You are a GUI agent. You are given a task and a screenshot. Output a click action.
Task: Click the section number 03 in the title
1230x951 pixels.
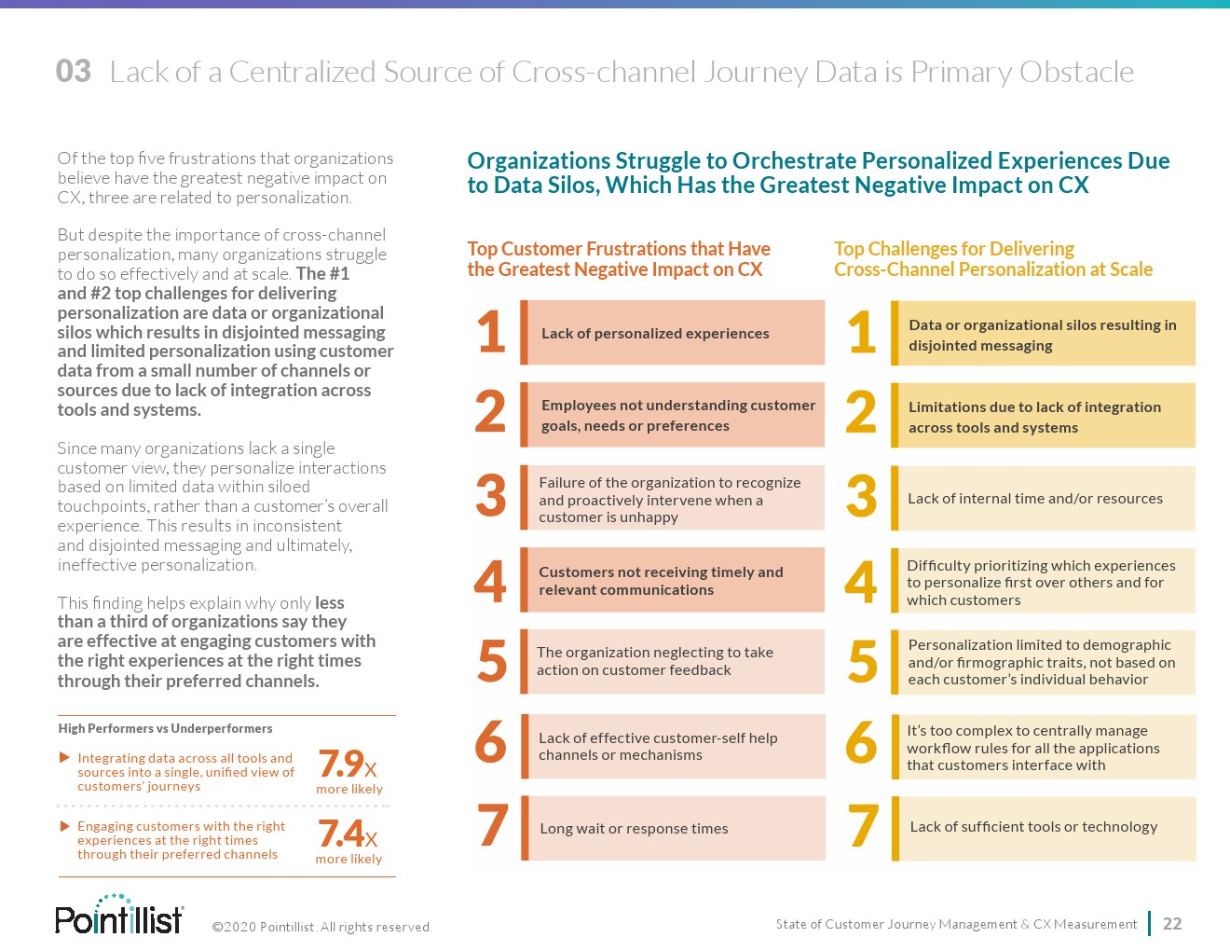(74, 71)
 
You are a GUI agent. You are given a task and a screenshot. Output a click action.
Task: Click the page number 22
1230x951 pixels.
(1172, 924)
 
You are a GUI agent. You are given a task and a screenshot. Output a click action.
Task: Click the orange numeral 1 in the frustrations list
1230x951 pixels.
(491, 332)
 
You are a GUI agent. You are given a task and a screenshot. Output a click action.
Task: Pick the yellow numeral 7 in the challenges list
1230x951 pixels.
(863, 827)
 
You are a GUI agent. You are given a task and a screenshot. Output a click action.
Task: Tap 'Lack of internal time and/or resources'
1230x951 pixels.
(1042, 499)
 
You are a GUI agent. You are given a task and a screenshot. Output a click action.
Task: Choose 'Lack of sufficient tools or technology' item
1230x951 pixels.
(1042, 827)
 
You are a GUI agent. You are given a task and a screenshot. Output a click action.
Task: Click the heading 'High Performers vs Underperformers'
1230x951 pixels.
(166, 728)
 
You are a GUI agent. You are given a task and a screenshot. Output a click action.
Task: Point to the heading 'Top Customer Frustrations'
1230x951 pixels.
(619, 259)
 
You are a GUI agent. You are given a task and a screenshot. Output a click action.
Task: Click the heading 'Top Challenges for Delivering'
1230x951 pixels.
(993, 259)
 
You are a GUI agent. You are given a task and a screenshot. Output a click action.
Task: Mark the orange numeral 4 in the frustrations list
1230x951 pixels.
(490, 580)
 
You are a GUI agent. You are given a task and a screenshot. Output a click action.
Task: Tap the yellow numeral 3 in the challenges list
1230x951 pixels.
(862, 496)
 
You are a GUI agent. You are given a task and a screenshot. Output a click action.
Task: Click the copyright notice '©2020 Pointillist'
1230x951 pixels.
(321, 927)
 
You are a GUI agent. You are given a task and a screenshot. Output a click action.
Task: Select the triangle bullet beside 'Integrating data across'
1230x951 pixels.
(64, 758)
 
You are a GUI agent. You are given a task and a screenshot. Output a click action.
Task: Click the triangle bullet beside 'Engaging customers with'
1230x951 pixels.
(64, 826)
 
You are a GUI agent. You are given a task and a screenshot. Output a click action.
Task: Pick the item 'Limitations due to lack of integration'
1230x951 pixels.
(1042, 417)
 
